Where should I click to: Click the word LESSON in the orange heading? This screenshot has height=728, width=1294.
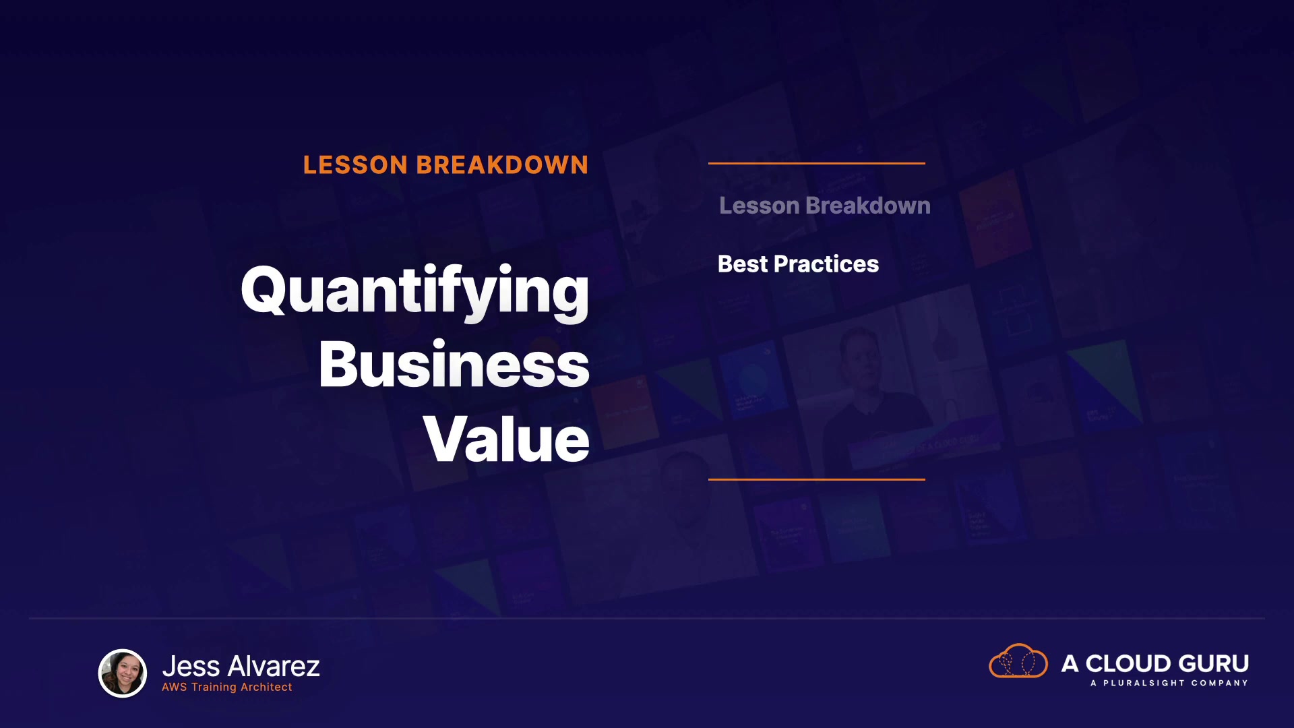click(x=355, y=165)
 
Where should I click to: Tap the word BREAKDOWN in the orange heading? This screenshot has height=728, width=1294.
click(x=502, y=165)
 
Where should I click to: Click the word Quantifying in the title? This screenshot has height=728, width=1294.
click(x=415, y=292)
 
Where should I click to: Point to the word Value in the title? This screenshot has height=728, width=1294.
click(x=507, y=439)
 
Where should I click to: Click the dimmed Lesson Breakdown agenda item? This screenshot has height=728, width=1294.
click(x=825, y=206)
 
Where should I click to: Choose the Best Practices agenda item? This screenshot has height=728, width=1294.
click(x=798, y=264)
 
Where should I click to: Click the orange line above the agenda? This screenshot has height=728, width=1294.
click(x=817, y=163)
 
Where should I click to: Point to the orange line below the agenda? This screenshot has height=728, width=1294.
click(x=817, y=479)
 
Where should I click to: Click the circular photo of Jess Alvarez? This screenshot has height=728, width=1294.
click(x=123, y=673)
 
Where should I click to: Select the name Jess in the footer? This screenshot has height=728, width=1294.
click(x=191, y=667)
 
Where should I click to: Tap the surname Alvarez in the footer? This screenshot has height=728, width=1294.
click(x=274, y=667)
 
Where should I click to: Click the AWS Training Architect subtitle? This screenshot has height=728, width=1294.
click(x=227, y=687)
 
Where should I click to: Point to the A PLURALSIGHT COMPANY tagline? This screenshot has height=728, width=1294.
click(x=1169, y=683)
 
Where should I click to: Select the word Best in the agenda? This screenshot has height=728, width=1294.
click(x=743, y=264)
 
